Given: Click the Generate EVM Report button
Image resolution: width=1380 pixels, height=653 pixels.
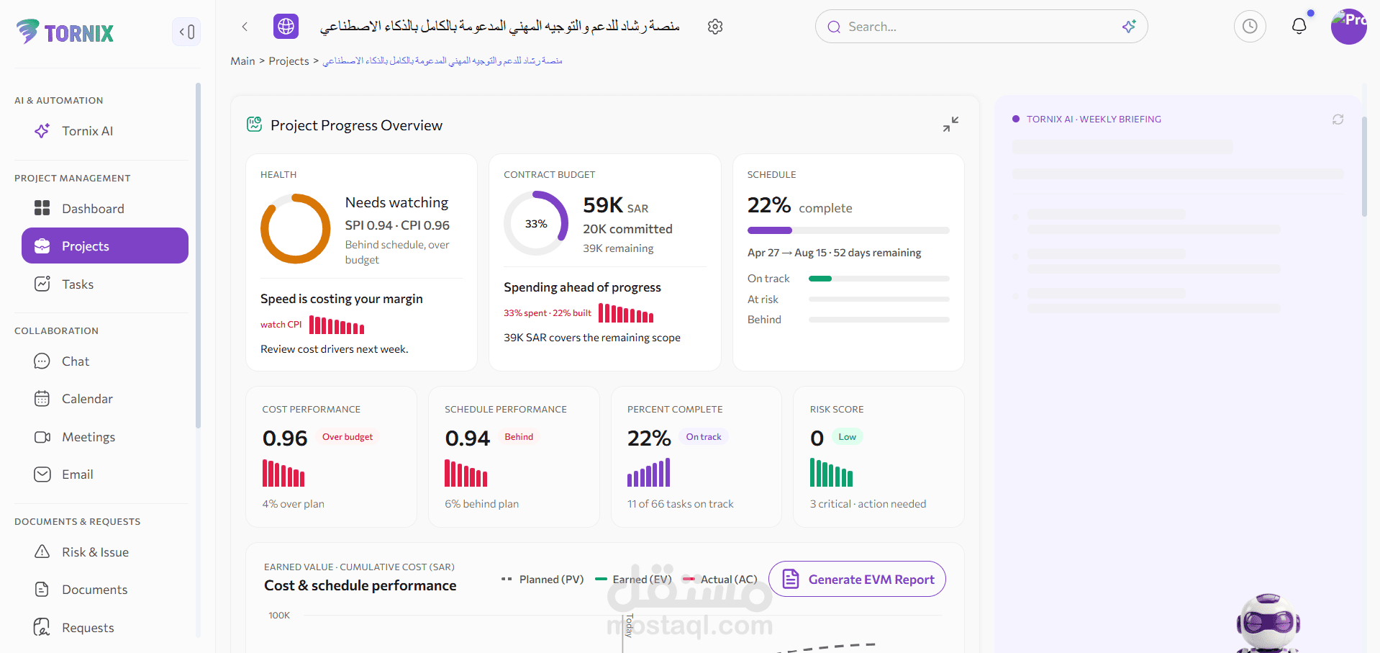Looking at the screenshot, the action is point(857,579).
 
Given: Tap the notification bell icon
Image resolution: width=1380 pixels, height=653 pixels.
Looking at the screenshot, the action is point(1299,27).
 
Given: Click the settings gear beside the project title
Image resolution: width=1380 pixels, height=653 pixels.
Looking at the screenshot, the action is point(715,27).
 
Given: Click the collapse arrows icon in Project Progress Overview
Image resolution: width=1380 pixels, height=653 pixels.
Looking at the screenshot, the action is point(950,125).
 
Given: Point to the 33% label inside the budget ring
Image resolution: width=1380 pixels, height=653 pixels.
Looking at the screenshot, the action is point(536,224).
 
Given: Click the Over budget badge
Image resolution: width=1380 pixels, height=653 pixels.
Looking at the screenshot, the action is point(348,437).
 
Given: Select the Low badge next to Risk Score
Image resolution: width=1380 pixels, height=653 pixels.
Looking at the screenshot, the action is point(848,437).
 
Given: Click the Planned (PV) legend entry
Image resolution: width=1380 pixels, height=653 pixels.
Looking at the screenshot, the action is point(543,580).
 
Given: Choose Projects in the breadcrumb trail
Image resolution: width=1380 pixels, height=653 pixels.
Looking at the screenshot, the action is point(289,61).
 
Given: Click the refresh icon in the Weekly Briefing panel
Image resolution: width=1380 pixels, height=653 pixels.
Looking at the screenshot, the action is point(1338,120).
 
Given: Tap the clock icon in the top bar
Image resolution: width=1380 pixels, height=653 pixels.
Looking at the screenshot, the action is point(1250,27).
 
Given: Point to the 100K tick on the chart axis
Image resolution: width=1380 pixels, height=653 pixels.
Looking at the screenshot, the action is point(279,616).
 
